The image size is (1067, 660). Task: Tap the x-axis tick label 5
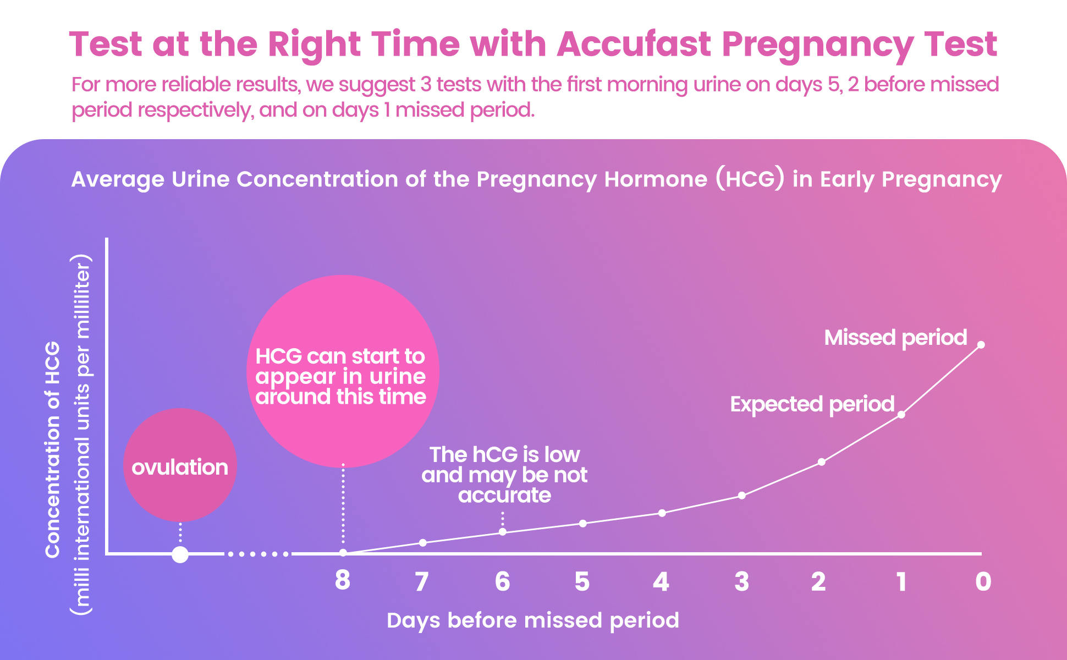[582, 581]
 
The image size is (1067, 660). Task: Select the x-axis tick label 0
[983, 581]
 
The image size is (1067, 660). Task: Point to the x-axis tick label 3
[741, 581]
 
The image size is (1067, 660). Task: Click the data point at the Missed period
[981, 345]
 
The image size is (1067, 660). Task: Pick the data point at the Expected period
[901, 414]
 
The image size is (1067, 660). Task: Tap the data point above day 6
[502, 532]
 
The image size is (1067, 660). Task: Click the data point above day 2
[821, 461]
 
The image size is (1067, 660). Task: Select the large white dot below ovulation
[180, 554]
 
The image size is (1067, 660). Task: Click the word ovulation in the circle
[180, 468]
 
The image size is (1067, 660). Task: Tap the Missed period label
[895, 338]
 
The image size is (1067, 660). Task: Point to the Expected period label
[812, 404]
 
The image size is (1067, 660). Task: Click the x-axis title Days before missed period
[532, 620]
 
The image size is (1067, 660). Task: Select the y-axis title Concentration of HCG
[52, 449]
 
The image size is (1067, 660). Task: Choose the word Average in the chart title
[118, 179]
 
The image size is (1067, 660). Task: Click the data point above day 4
[662, 513]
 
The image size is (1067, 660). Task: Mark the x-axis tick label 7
[422, 581]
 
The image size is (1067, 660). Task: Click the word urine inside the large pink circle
[397, 377]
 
